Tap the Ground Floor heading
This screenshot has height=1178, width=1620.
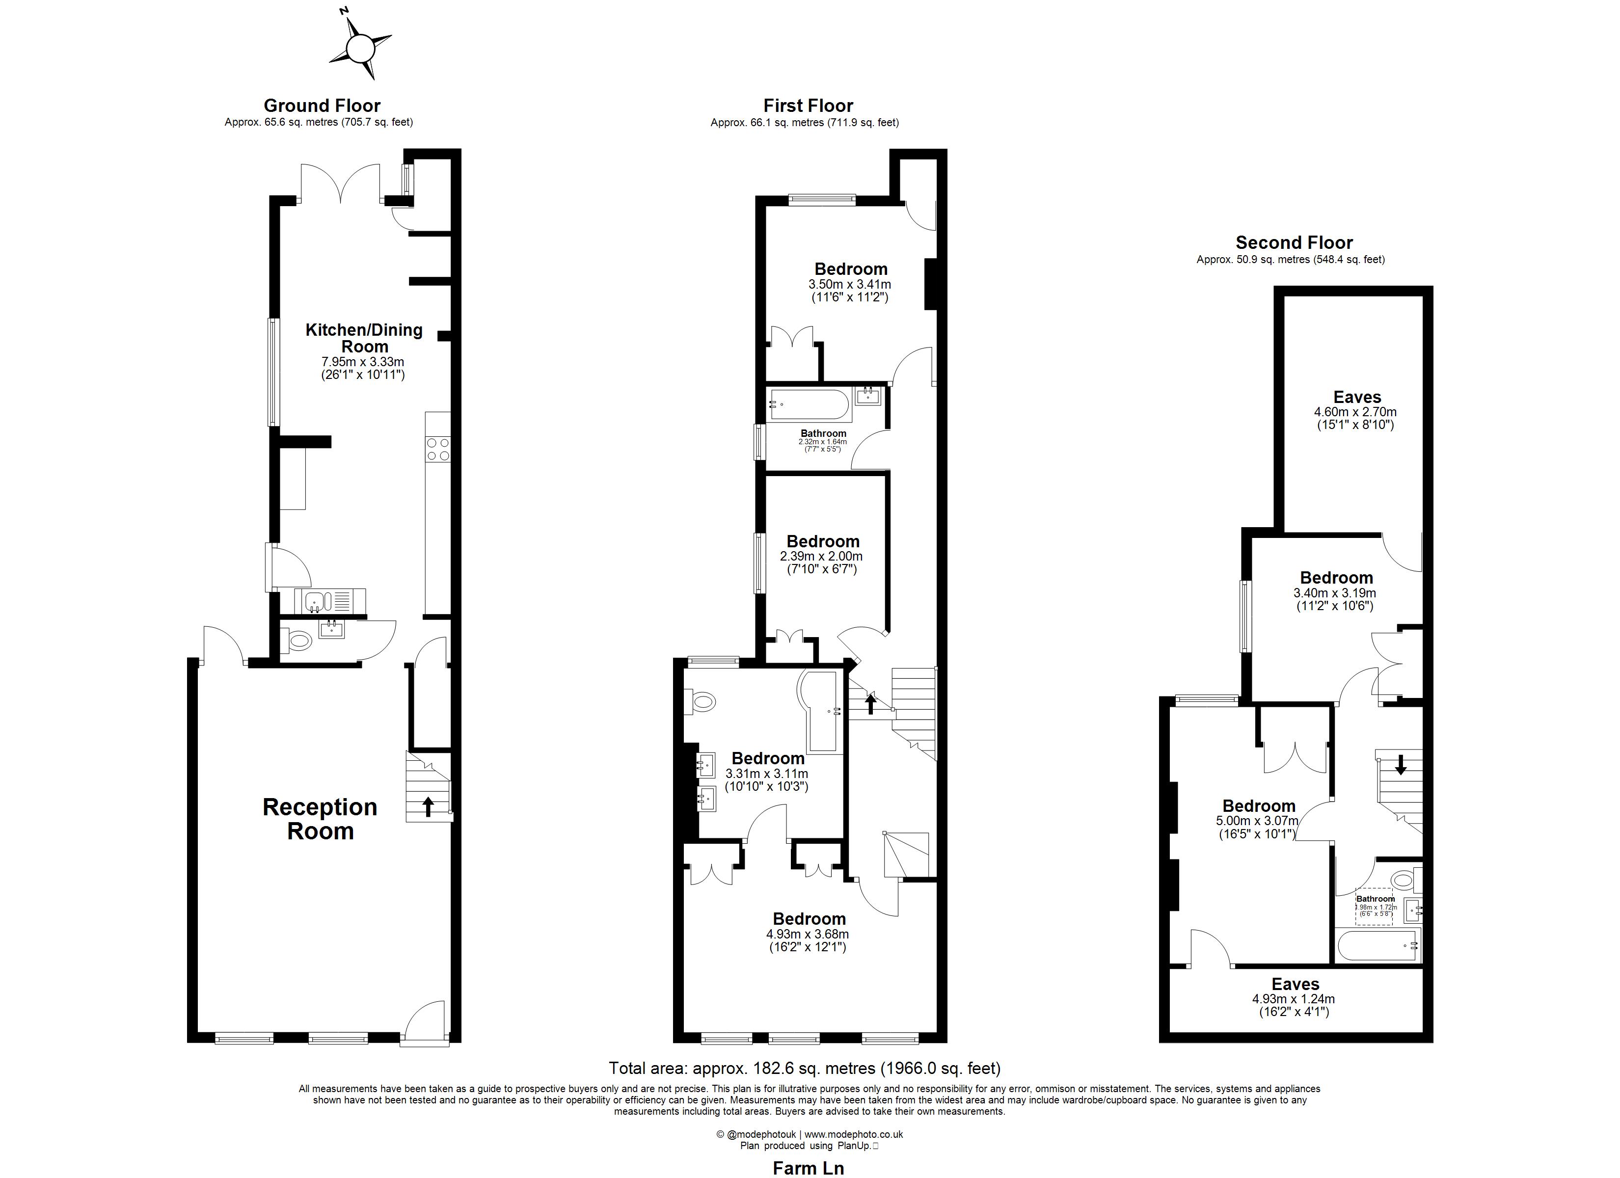pyautogui.click(x=322, y=106)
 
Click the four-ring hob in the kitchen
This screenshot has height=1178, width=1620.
pyautogui.click(x=438, y=449)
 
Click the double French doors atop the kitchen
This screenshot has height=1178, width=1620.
pyautogui.click(x=340, y=185)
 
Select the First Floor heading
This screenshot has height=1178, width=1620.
pyautogui.click(x=808, y=106)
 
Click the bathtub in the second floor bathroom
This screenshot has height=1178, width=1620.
pyautogui.click(x=1378, y=945)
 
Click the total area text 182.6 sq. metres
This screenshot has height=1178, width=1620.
pyautogui.click(x=804, y=1068)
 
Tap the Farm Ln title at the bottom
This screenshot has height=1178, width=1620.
pyautogui.click(x=808, y=1168)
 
